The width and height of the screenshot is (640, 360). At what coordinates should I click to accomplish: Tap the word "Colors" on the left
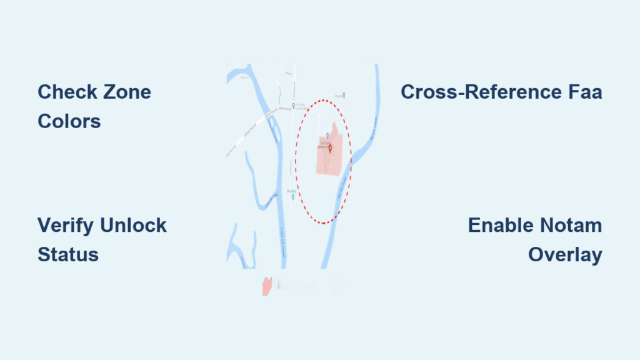(x=69, y=121)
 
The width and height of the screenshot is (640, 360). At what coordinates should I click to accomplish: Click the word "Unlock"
(x=133, y=225)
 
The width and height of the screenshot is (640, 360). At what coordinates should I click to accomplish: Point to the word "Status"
(x=67, y=254)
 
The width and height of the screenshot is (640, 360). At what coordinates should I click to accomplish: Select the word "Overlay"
(x=565, y=254)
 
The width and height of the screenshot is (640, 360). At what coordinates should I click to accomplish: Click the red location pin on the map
(x=330, y=149)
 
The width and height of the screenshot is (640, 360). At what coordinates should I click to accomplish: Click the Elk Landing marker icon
(x=293, y=197)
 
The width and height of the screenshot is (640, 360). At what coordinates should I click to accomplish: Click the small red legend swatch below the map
(x=267, y=286)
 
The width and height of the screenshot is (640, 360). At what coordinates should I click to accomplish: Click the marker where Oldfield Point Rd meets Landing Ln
(x=292, y=105)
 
